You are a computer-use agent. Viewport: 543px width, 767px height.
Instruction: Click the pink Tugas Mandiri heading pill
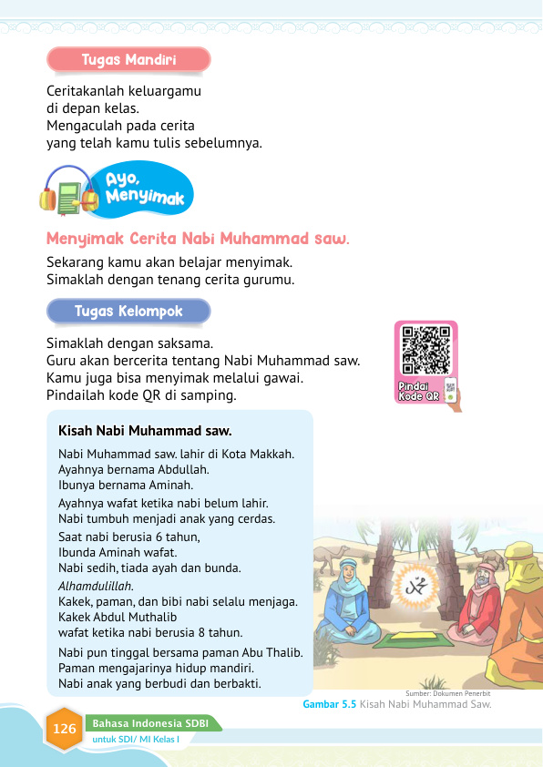tap(128, 60)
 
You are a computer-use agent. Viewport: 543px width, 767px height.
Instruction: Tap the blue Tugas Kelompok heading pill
tap(128, 312)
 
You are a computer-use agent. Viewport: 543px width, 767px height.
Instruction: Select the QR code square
tap(425, 350)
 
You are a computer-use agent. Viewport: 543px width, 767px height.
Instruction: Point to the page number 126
tap(65, 730)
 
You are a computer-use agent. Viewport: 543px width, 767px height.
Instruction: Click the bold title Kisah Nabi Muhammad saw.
tap(145, 430)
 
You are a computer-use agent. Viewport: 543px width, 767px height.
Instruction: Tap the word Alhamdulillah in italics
tap(96, 586)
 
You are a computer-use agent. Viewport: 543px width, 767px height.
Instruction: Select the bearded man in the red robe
tap(477, 600)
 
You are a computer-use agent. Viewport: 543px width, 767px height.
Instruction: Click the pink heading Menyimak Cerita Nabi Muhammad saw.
tap(198, 240)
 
